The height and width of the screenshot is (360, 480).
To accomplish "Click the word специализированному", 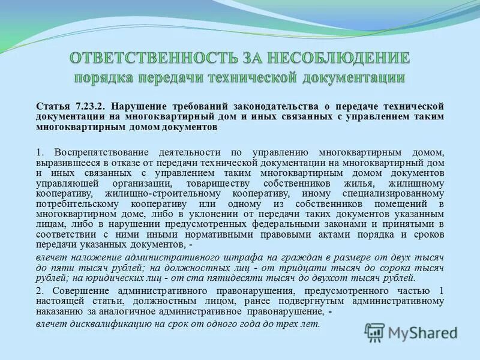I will pyautogui.click(x=401, y=194).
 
